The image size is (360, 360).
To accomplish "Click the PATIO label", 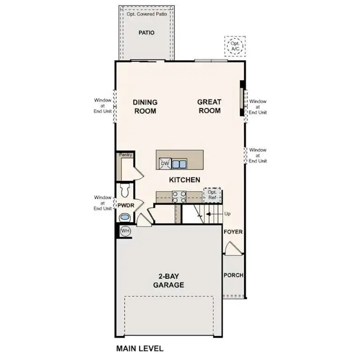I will pos(146,33).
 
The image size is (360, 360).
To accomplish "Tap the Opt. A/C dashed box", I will pos(234,46).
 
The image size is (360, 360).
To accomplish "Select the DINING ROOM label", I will pos(144,106).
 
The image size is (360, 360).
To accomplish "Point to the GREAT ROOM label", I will pos(209,106).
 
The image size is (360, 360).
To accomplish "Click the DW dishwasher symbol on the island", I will pos(165,163).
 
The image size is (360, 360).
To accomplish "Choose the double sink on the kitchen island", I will pos(179,164).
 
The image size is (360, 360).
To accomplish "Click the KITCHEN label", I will pos(185,180).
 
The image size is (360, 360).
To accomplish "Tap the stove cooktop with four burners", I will pos(180,196).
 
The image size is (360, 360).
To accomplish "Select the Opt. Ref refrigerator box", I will pos(212,194).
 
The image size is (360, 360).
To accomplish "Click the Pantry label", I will pos(126,155).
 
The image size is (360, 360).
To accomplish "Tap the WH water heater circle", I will pos(125,231).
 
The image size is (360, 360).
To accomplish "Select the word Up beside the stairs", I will pos(228,214).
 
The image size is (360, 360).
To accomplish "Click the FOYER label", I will pos(233,232).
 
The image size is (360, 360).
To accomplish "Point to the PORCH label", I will pos(233,275).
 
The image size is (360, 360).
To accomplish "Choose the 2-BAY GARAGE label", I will pos(168,281).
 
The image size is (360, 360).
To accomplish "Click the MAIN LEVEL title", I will pos(139,349).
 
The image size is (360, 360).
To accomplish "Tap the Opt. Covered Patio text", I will pos(146,14).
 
